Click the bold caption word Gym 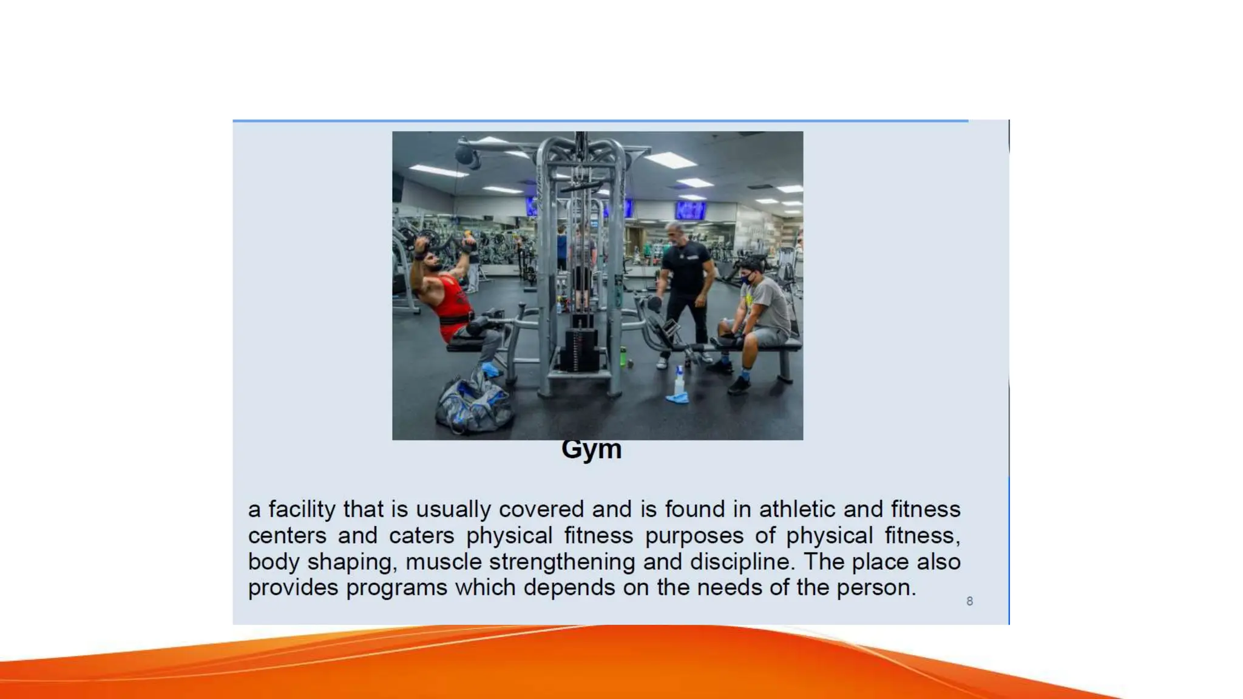point(591,450)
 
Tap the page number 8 point(969,601)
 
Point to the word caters point(421,536)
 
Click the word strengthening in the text point(562,562)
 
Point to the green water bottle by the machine point(623,357)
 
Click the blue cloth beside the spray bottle point(677,398)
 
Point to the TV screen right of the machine point(691,211)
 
